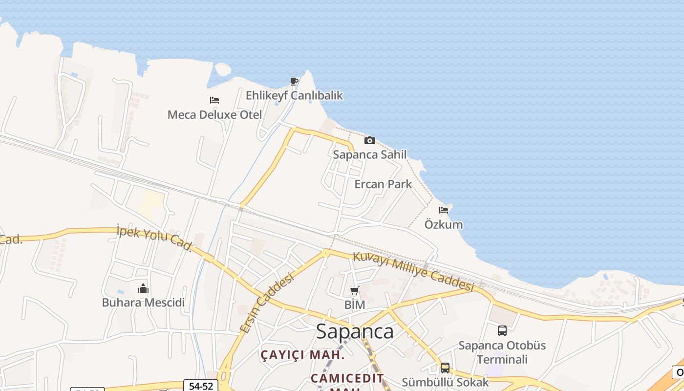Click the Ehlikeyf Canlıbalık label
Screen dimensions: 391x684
(294, 95)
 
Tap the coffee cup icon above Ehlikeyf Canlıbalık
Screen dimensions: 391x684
(294, 81)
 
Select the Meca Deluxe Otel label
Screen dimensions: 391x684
(214, 115)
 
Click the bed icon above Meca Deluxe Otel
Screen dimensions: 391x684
(214, 100)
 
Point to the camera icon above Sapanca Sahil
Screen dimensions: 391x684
(370, 141)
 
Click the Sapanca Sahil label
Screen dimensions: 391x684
(369, 154)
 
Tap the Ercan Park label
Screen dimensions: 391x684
(383, 184)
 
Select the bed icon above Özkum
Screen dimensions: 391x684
(444, 210)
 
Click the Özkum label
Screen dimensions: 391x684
(444, 225)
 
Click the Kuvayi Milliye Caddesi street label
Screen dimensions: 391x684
(413, 271)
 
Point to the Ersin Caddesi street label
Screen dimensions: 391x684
(267, 303)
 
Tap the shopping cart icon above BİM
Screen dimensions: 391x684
(354, 291)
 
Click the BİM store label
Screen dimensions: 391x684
(355, 305)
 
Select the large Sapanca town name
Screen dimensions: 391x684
(355, 331)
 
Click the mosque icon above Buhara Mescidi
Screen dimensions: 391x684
(143, 288)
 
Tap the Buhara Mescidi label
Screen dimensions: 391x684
(143, 303)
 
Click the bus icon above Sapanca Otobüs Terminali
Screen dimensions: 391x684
(502, 331)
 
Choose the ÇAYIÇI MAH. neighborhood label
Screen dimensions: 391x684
(302, 355)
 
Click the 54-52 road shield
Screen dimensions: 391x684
(201, 386)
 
